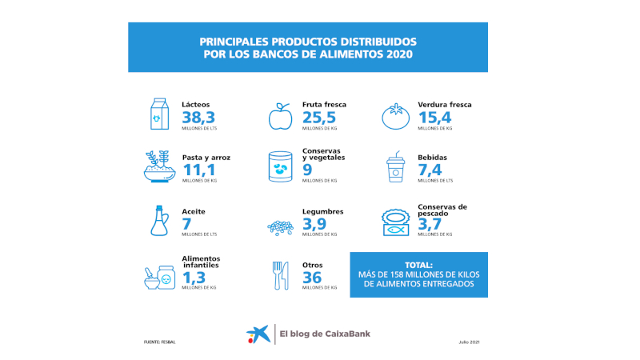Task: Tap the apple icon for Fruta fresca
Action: (280, 115)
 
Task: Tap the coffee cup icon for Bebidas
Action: (396, 167)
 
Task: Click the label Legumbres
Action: (323, 211)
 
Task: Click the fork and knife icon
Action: (280, 275)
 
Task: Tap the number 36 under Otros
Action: (312, 277)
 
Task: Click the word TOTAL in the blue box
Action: (418, 264)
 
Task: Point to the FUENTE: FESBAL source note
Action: (159, 342)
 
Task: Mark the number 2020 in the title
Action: (398, 54)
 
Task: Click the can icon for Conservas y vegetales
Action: (280, 167)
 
